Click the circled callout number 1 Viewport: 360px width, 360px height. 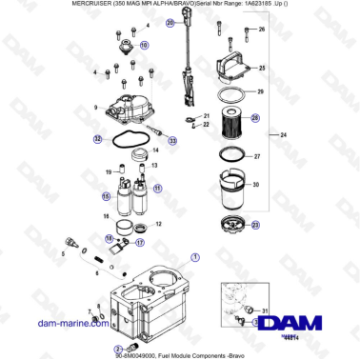click(196, 256)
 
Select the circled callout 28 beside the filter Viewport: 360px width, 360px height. click(254, 119)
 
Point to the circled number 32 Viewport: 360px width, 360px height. click(97, 139)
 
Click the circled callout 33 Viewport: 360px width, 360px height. click(172, 140)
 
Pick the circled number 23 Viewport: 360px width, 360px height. click(254, 225)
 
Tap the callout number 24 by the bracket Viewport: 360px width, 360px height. click(283, 136)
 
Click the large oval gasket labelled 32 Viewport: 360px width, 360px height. click(119, 142)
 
